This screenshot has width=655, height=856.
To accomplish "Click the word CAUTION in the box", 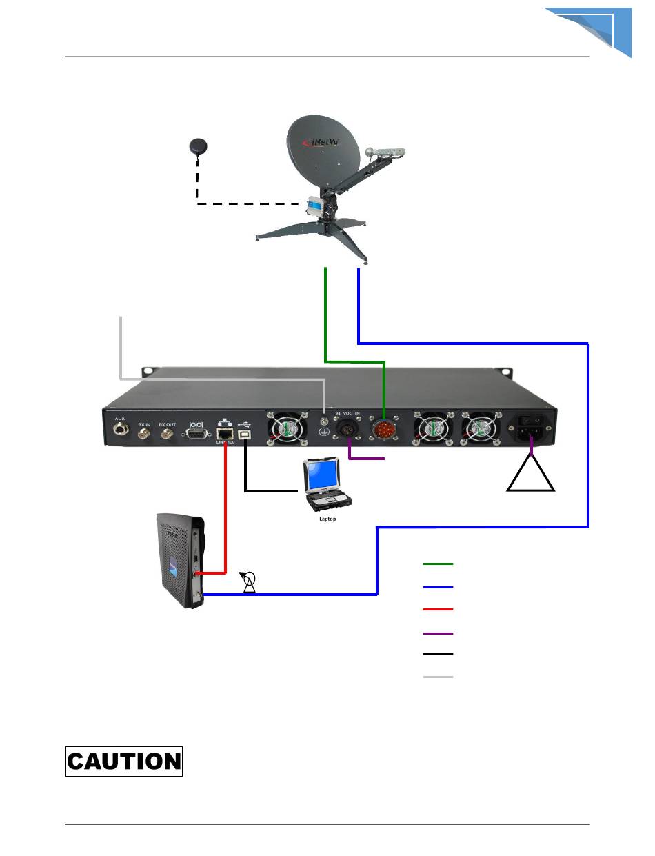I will point(124,762).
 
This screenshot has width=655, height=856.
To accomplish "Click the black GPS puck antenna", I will point(199,146).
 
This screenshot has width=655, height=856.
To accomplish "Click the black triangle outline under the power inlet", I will point(531,472).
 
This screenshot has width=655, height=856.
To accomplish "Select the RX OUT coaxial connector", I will point(167,434).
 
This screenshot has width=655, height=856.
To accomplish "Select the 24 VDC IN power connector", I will point(347,430).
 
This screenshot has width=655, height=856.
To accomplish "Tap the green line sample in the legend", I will point(438,564).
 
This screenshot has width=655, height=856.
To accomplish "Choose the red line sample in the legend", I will point(438,609).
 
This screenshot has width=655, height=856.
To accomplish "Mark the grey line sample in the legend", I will point(438,677).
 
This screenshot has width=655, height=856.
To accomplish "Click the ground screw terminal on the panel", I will point(324,419).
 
